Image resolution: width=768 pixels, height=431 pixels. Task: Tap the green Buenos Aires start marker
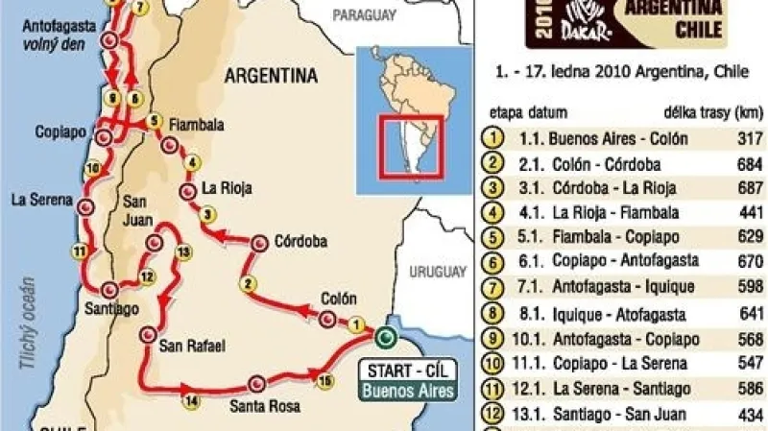[x=385, y=337]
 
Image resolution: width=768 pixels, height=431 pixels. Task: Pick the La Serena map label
[x=35, y=200]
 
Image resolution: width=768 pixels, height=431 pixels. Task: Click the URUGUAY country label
[x=438, y=272]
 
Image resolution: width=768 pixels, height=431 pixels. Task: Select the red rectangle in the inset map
[x=411, y=147]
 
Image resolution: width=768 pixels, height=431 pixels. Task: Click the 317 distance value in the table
[x=743, y=138]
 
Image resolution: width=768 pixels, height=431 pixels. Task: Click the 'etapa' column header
[x=506, y=112]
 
